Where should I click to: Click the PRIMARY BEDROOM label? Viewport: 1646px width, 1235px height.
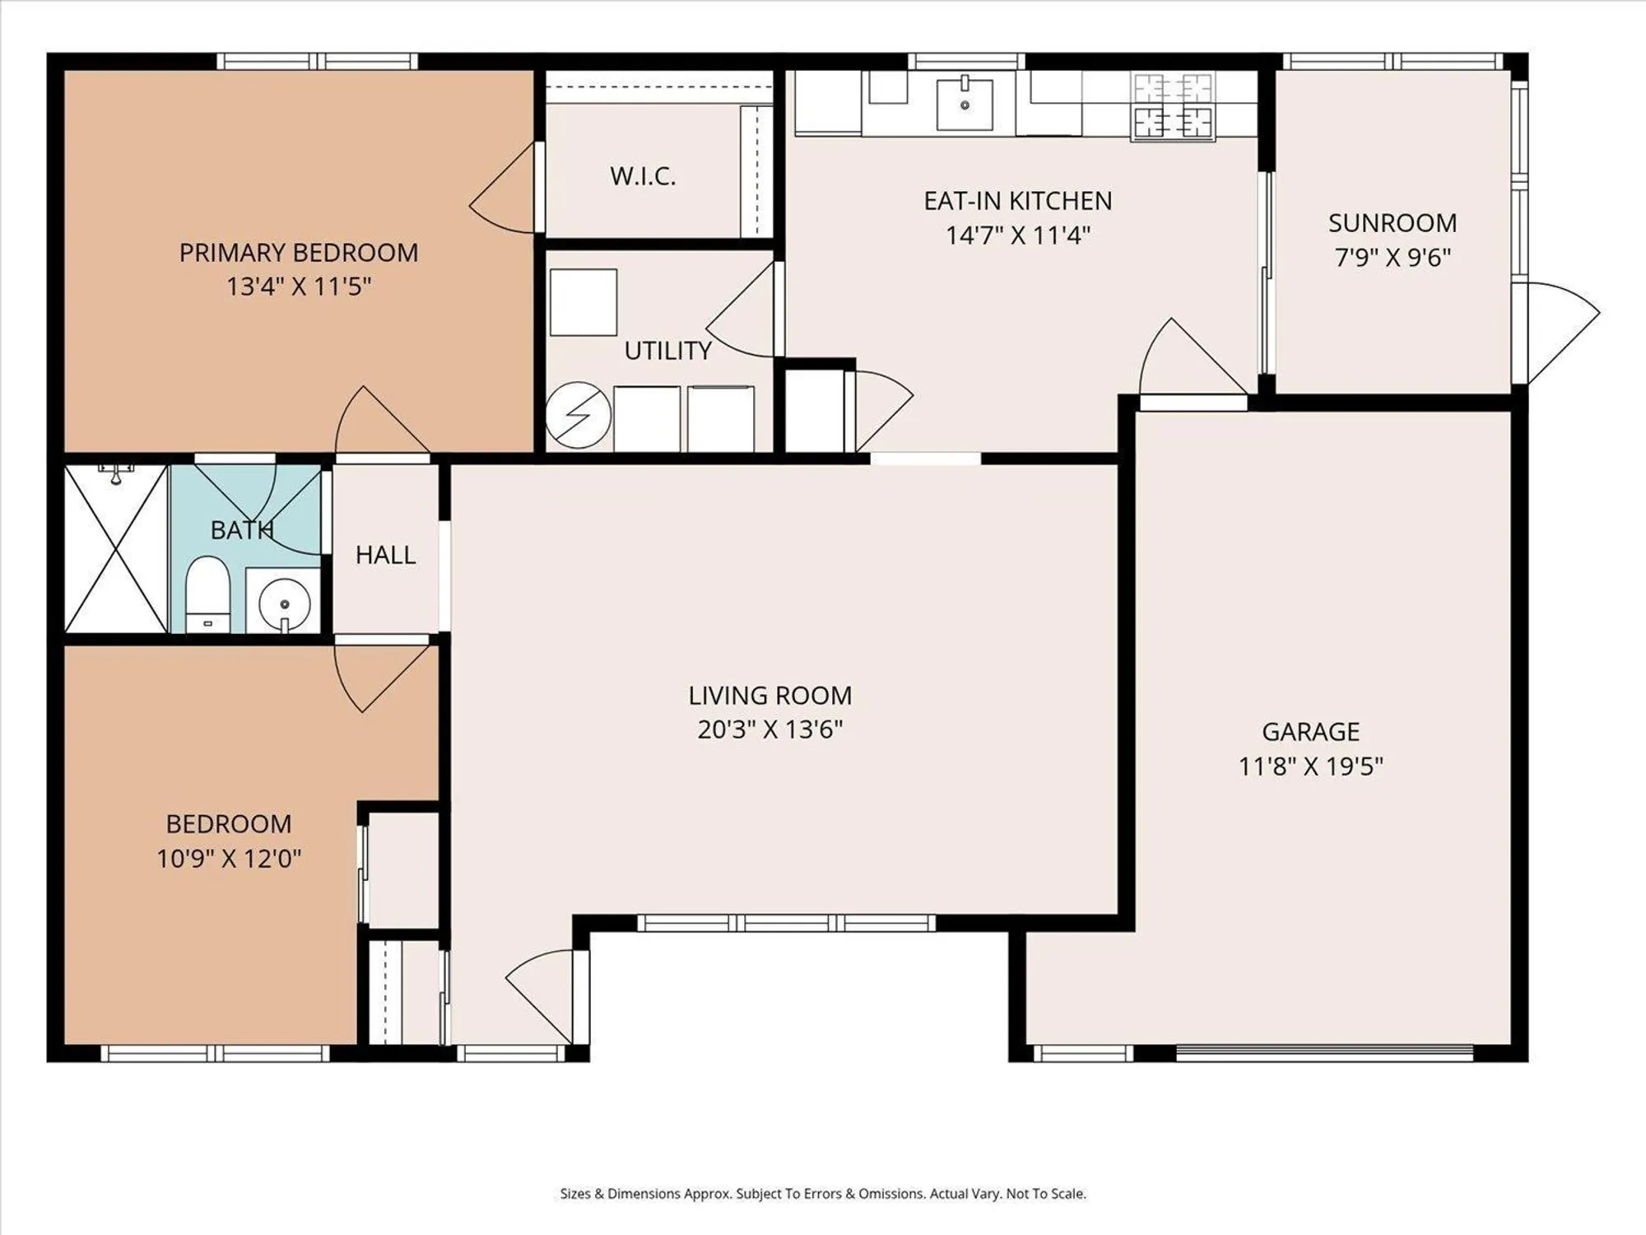coord(298,252)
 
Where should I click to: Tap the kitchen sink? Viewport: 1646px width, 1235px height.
coord(965,103)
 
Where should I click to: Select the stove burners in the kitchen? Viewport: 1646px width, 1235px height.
coord(1173,105)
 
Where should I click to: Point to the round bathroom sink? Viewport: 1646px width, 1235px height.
coord(284,603)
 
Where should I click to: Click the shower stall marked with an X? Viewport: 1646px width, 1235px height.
coord(116,549)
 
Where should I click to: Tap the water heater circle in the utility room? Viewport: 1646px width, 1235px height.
coord(578,415)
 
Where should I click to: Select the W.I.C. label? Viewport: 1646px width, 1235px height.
coord(643,176)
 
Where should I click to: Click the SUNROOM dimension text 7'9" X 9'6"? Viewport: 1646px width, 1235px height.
coord(1392,258)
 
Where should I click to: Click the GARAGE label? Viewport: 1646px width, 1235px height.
coord(1310,731)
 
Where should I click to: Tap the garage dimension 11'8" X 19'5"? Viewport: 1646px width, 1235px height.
coord(1310,767)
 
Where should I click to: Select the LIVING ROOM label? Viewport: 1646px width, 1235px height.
coord(770,696)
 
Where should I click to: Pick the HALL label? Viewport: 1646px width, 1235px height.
coord(385,555)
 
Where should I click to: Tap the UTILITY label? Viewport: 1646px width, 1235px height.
coord(667,351)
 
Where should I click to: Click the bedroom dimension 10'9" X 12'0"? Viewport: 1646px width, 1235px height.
coord(229,859)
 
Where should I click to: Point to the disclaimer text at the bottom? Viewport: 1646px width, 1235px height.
coord(823,1193)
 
